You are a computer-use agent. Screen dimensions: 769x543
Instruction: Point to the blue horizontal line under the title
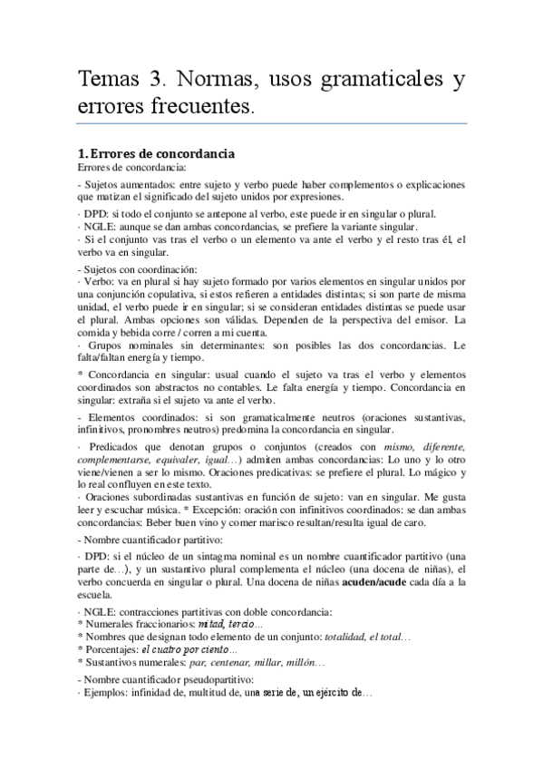pos(272,123)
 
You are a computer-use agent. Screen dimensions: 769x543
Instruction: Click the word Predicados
pos(113,447)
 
